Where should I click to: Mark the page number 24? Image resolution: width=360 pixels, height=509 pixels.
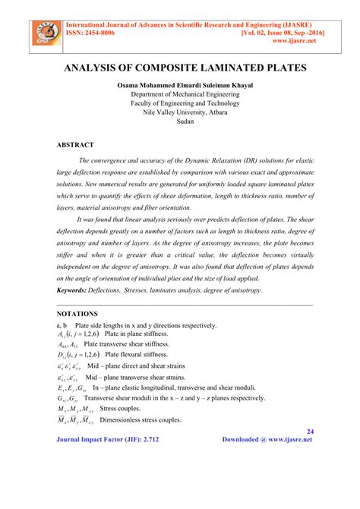pyautogui.click(x=309, y=432)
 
